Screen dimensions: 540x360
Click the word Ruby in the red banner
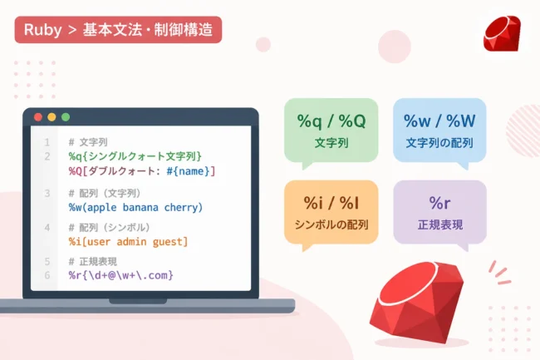[x=42, y=30]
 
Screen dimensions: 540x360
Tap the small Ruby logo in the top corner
[x=502, y=33]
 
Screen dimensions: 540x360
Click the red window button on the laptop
[x=38, y=117]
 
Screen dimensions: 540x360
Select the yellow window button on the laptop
[x=52, y=117]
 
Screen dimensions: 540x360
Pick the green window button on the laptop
[x=66, y=117]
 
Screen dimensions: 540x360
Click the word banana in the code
[x=140, y=207]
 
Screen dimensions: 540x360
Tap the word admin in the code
[x=131, y=241]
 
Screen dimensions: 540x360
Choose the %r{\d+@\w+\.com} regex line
[x=121, y=275]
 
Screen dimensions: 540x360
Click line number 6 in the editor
[x=47, y=275]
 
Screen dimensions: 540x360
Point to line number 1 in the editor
[x=47, y=142]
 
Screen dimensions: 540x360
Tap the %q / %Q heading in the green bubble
[x=331, y=121]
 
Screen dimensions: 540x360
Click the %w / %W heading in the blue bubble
[x=439, y=121]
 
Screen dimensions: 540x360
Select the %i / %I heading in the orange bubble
[x=331, y=203]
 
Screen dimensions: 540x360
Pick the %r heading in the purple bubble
[x=439, y=203]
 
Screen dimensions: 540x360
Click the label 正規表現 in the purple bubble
[x=440, y=225]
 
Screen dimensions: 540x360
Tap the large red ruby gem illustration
[x=417, y=302]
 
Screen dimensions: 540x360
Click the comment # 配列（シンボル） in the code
[x=109, y=227]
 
